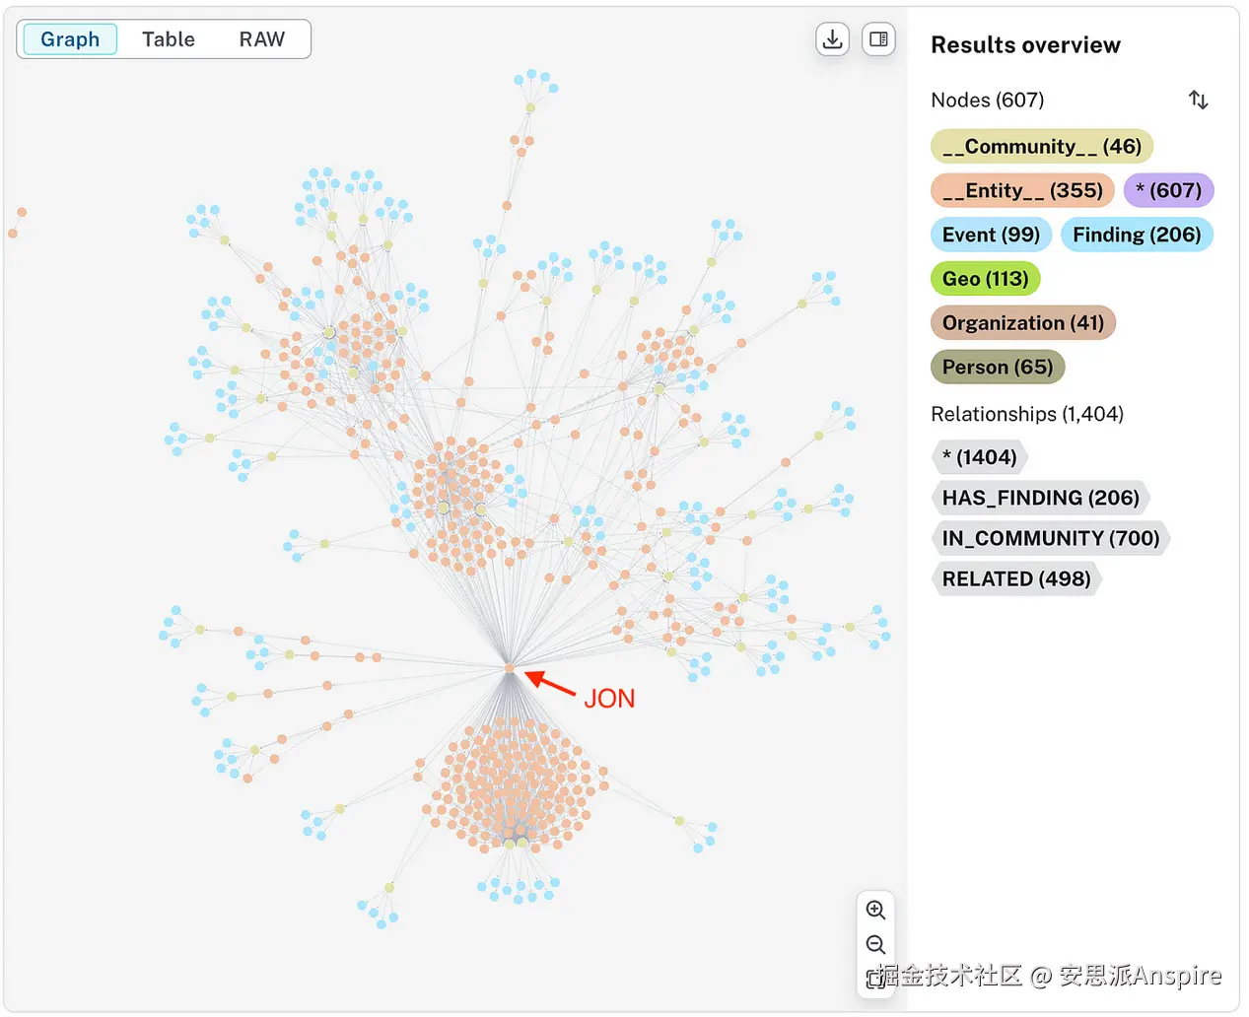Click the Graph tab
pos(69,39)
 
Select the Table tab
pos(169,39)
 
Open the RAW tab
pos(261,39)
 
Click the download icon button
pos(833,39)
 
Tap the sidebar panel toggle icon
pos(878,39)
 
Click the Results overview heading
pos(1025,45)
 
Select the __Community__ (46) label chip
pos(1041,147)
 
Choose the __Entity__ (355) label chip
pos(1022,190)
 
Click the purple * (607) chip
pos(1168,190)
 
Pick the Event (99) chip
pos(991,235)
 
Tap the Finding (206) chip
pos(1137,235)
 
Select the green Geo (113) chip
pos(985,279)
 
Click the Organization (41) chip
pos(1022,323)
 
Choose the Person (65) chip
pos(997,368)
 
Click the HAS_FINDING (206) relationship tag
pos(1040,498)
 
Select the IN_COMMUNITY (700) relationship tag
pos(1050,538)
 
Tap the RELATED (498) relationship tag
pos(1015,578)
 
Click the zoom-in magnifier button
pos(875,910)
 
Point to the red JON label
pos(609,699)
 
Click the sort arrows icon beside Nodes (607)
pos(1198,100)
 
